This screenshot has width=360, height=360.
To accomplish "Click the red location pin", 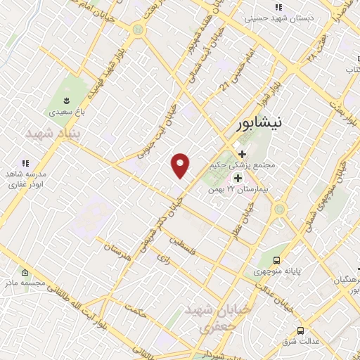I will click(x=181, y=165).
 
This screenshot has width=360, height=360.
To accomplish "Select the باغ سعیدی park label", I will click(x=66, y=112).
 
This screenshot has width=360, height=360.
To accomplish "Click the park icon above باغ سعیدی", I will click(x=66, y=100).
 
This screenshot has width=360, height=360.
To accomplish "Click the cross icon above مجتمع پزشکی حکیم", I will click(x=242, y=154).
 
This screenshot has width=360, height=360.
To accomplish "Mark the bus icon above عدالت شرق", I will click(x=301, y=330).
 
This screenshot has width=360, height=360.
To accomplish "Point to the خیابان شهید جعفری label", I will click(x=208, y=318).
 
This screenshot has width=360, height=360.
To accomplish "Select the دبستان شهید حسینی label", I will click(x=271, y=19).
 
